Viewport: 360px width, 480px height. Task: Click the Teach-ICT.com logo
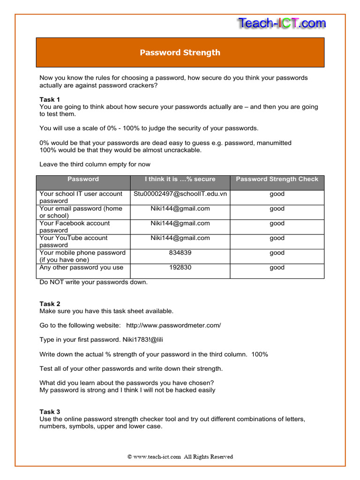coord(281,23)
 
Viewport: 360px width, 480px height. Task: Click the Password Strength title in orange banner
coord(180,52)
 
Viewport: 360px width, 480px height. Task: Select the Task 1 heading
coord(50,99)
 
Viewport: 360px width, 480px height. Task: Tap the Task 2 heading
coord(50,304)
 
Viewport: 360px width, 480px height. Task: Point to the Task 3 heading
coord(50,412)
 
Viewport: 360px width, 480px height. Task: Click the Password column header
coord(83,179)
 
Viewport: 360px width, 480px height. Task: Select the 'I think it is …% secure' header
coord(180,179)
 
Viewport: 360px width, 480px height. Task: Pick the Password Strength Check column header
coord(277,179)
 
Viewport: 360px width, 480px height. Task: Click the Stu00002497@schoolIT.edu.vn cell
coord(180,194)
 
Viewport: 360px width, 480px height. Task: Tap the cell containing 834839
coord(180,253)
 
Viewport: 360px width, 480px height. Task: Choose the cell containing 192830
coord(180,267)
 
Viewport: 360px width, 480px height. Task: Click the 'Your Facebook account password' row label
coord(75,227)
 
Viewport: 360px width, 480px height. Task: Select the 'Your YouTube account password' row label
coord(74,241)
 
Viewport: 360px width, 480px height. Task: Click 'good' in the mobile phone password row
coord(277,253)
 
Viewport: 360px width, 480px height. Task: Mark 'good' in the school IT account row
coord(277,194)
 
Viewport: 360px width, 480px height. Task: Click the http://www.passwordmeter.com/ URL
coord(173,325)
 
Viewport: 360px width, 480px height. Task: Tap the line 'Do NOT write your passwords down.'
coord(93,282)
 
